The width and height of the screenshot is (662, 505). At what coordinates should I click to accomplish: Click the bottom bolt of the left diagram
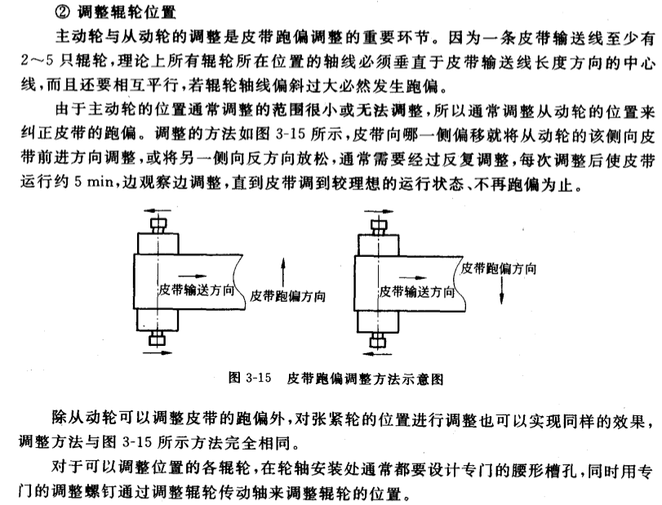(x=158, y=336)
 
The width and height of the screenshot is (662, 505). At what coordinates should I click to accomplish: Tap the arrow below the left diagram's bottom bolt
(x=158, y=352)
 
